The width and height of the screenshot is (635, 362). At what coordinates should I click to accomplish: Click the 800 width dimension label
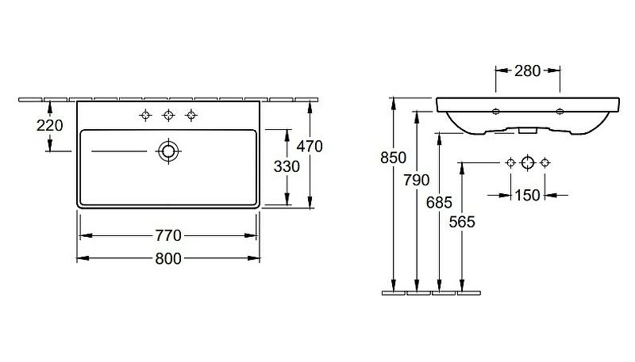[168, 258]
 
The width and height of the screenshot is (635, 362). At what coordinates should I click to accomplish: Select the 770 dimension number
[168, 235]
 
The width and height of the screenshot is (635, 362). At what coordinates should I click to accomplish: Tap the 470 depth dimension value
[310, 147]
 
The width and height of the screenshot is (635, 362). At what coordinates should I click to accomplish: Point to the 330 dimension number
[287, 166]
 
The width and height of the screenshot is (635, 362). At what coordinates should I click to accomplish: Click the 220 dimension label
[49, 126]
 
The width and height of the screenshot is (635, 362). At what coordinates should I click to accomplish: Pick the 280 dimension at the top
[527, 71]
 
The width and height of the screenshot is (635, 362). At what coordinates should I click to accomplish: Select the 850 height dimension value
[393, 158]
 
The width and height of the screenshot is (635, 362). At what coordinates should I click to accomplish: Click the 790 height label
[416, 180]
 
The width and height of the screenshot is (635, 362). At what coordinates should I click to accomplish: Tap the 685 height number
[439, 203]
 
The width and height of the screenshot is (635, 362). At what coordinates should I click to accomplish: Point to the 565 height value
[462, 222]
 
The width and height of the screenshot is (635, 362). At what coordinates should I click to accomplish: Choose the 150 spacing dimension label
[527, 196]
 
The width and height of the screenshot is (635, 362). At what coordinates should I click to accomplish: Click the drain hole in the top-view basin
[168, 151]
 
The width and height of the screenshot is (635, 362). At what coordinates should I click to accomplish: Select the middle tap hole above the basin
[168, 116]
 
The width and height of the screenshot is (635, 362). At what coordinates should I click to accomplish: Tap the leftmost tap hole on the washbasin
[145, 116]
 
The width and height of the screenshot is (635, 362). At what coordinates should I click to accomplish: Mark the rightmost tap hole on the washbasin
[191, 116]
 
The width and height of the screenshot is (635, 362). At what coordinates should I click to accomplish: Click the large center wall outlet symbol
[527, 163]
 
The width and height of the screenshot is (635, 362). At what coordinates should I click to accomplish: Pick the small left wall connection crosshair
[510, 163]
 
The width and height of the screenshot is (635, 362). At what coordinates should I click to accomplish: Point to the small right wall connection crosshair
[545, 163]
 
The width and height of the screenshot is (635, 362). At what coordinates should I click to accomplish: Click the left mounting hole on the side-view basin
[495, 112]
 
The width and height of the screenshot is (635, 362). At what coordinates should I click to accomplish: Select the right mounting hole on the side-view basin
[560, 112]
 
